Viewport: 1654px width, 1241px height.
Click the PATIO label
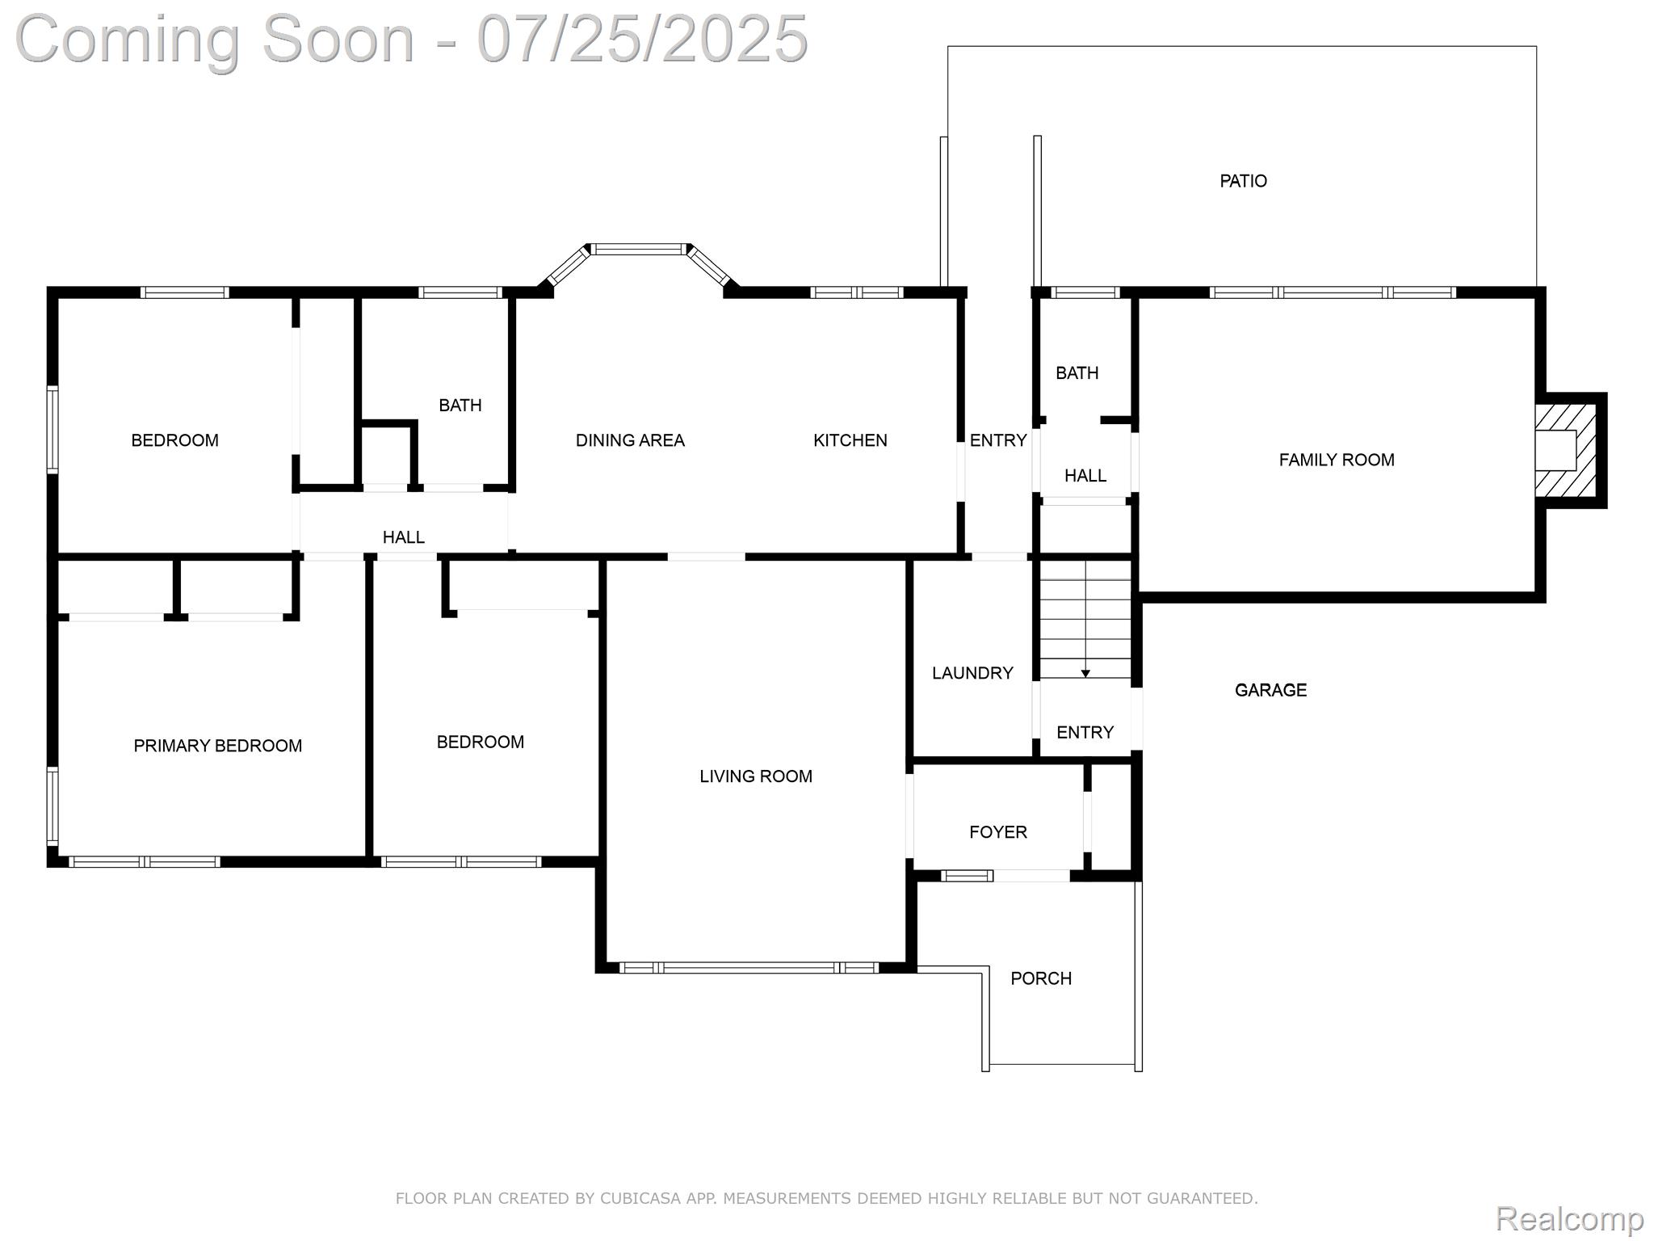point(1243,181)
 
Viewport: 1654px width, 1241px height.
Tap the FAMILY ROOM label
point(1337,460)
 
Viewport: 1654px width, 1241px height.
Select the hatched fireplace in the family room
point(1567,451)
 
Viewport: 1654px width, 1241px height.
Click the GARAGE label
point(1270,690)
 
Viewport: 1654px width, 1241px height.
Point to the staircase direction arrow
point(1085,672)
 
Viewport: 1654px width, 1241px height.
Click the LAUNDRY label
point(972,673)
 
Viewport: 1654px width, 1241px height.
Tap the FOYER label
point(998,832)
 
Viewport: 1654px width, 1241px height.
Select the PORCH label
point(1041,978)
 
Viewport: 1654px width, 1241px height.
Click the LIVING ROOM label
point(756,776)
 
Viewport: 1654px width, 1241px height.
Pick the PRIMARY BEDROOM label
point(218,746)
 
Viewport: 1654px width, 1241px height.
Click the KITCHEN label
point(850,440)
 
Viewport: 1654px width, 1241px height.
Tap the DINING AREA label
point(630,440)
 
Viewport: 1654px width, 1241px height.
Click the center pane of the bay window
point(638,249)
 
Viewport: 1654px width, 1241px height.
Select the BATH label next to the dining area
point(460,405)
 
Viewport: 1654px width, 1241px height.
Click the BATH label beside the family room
point(1077,372)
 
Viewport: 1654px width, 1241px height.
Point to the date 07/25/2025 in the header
point(643,38)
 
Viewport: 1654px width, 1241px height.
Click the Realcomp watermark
point(1569,1218)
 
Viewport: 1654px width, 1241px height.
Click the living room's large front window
point(749,967)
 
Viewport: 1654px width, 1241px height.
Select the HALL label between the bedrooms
point(404,537)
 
